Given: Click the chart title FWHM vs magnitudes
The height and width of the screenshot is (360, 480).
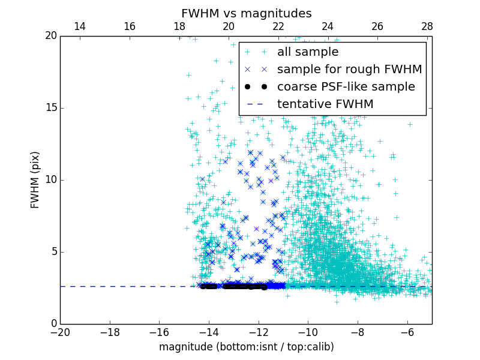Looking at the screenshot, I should tap(246, 13).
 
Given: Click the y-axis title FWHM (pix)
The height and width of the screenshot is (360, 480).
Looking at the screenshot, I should tap(35, 179).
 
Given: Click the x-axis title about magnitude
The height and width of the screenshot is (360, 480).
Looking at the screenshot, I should tap(246, 347).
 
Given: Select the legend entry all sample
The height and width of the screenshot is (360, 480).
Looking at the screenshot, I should tap(307, 52).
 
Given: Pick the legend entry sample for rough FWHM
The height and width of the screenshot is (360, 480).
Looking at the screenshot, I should tap(349, 70).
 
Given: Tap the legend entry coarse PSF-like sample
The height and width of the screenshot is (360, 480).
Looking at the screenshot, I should tap(346, 87).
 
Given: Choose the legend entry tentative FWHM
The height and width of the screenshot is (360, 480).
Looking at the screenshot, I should tap(325, 104).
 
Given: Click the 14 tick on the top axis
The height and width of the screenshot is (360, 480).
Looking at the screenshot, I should tap(80, 26).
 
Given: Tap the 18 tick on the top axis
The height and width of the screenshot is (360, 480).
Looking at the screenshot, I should tap(179, 26).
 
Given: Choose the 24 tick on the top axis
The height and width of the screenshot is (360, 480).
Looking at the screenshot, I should tap(328, 26).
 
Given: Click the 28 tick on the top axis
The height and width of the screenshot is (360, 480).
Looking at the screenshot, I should tap(427, 26).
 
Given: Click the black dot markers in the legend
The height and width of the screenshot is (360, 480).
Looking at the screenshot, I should tap(256, 87).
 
